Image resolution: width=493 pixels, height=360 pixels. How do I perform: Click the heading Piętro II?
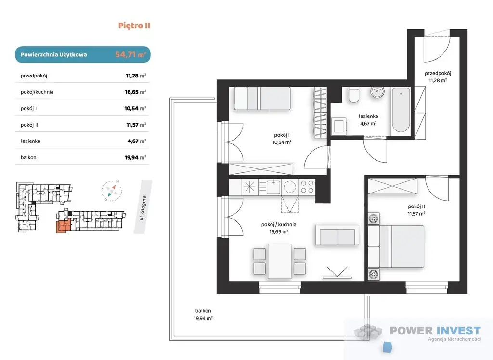pos(134,26)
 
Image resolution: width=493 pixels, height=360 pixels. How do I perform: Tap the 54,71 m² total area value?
pos(130,54)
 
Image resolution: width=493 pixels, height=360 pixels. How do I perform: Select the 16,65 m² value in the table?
pos(135,92)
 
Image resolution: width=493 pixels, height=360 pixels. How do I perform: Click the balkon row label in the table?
pos(28,157)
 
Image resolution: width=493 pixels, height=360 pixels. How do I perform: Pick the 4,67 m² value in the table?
pos(137,141)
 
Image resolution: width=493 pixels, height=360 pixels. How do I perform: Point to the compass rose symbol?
pos(112,190)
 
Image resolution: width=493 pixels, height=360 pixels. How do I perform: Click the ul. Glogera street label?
pos(143,208)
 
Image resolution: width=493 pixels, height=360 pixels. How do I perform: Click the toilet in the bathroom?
pos(354,95)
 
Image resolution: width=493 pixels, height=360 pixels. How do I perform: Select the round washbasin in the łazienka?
pos(377,92)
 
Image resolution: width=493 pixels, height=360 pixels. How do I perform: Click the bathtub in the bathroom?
pos(401,110)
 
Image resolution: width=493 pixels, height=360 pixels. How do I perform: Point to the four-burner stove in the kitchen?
pos(307,187)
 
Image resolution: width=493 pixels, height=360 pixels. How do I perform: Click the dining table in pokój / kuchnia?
pos(280,261)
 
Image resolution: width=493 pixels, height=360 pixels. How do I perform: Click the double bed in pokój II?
pos(396,246)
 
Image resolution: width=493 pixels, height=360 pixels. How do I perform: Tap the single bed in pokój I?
pos(262,98)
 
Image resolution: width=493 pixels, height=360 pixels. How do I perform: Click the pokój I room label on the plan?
pos(282,135)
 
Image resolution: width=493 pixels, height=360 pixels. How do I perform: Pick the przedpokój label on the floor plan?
pos(438,74)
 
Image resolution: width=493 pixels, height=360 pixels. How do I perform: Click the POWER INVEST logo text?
pos(435,331)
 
